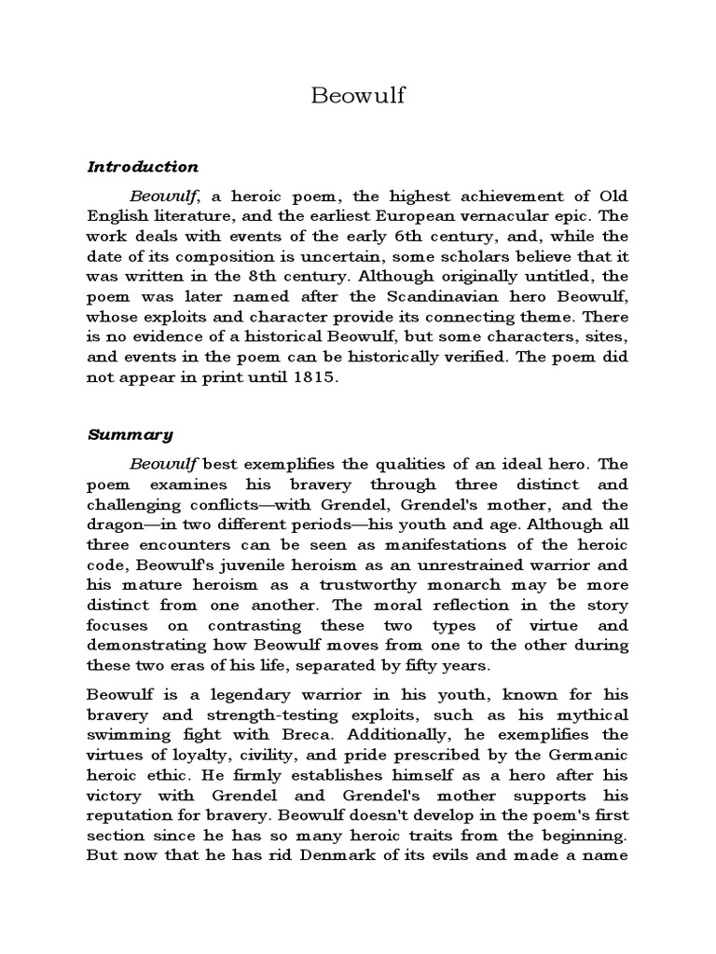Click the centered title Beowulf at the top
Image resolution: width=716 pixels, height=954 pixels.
pos(358,96)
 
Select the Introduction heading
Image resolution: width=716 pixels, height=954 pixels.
pos(143,167)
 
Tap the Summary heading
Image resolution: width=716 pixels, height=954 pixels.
pos(131,433)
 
